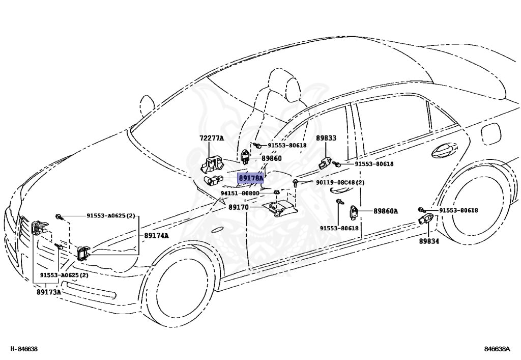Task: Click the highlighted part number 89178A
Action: coord(251,178)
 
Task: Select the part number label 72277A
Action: coord(211,138)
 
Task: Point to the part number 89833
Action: coord(326,138)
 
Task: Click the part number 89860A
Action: coord(386,211)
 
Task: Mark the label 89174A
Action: coord(156,235)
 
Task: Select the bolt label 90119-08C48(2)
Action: coord(340,182)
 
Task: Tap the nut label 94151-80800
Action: coord(240,193)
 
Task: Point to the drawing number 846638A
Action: coord(497,349)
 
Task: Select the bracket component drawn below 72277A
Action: coord(211,164)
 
